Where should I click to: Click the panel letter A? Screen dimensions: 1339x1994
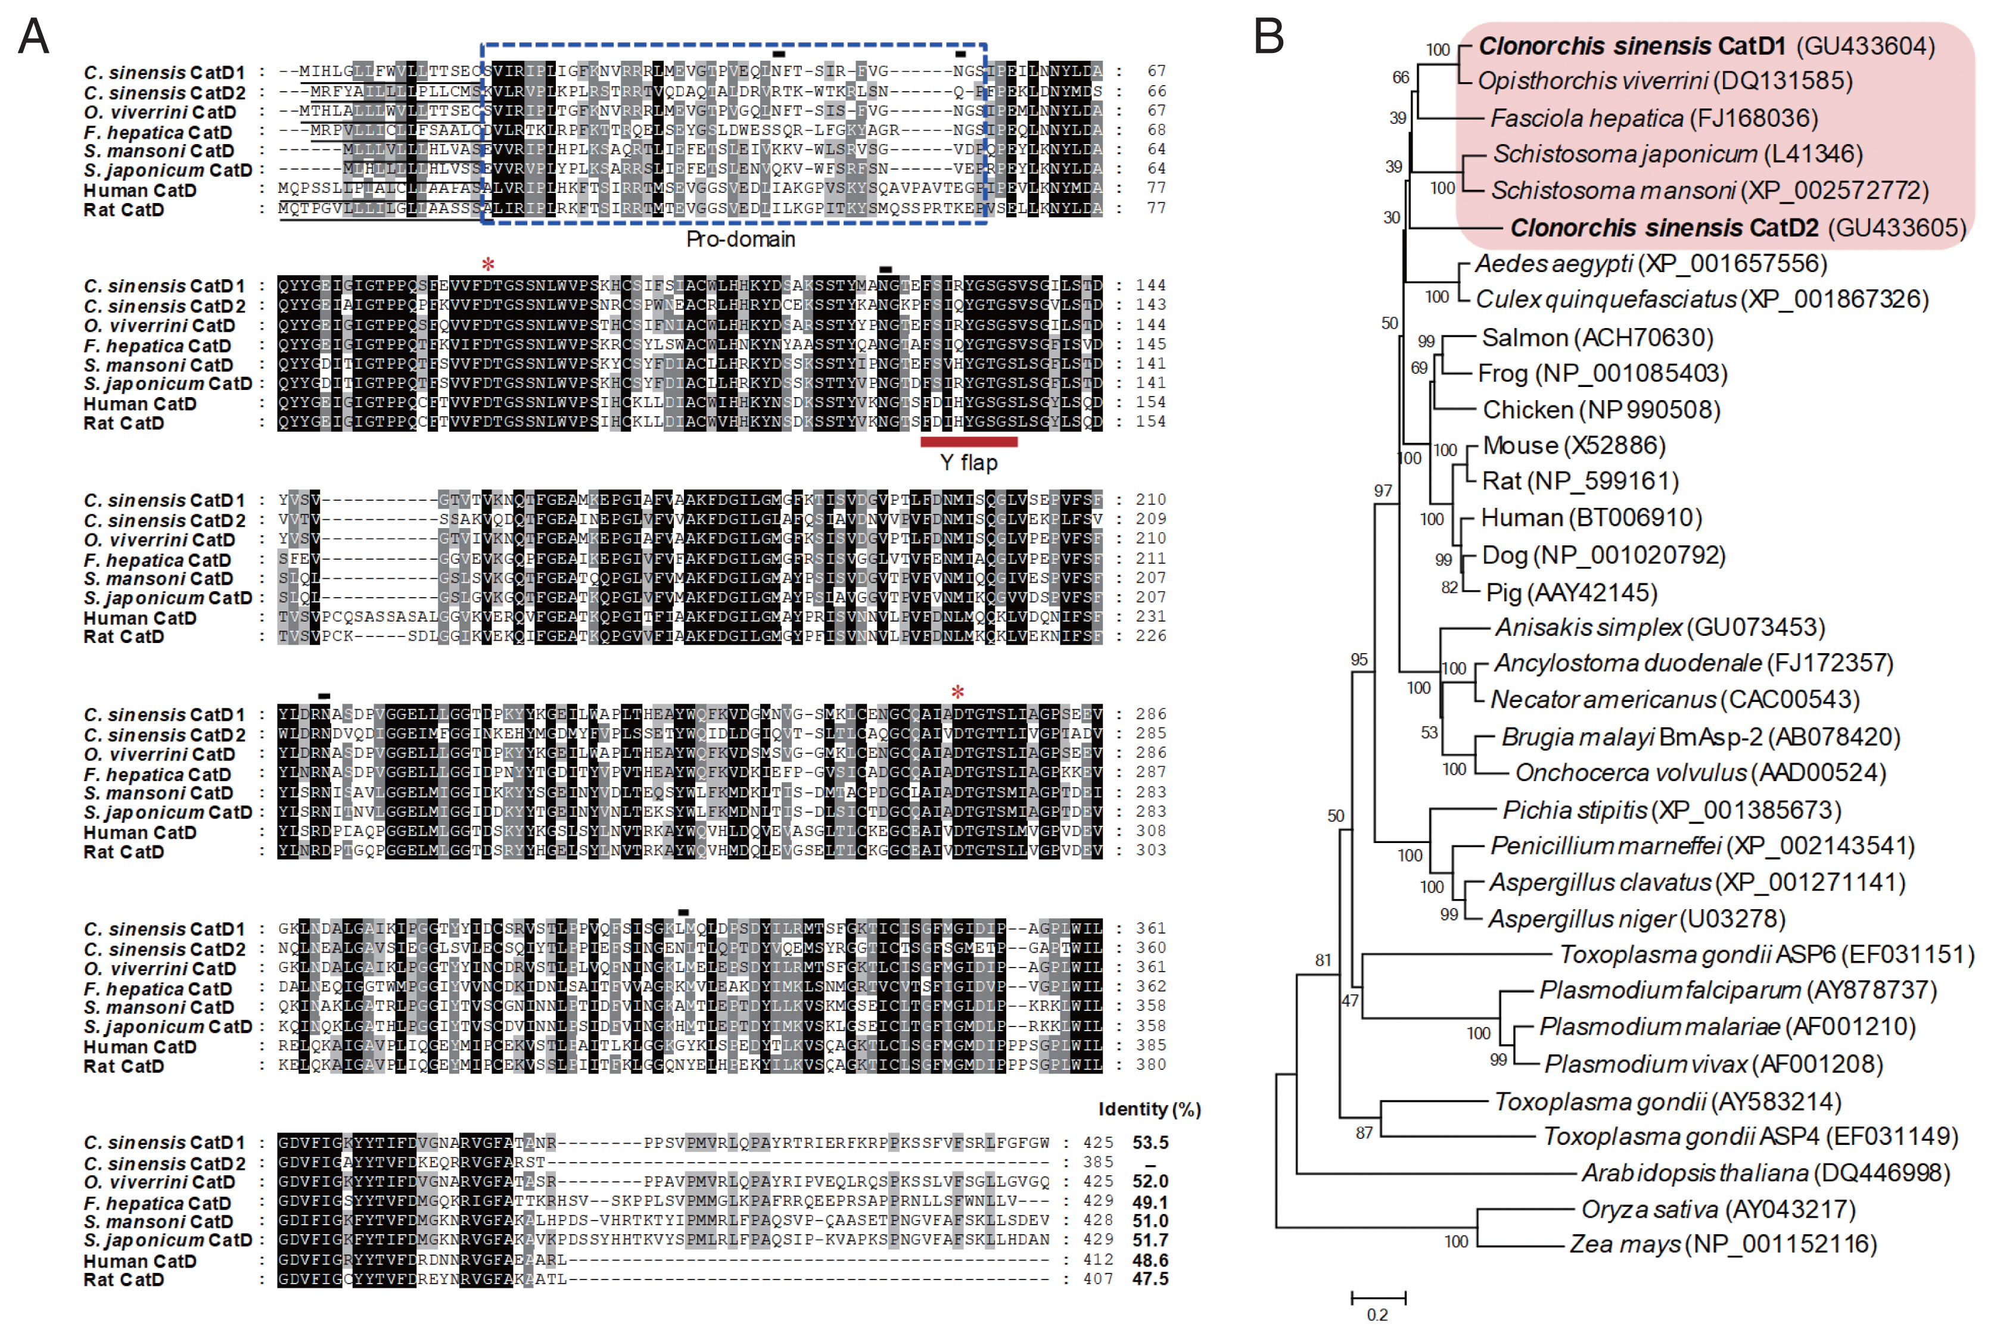coord(34,37)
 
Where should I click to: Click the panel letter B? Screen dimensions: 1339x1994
coord(1269,37)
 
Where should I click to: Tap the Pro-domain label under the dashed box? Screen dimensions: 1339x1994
coord(740,240)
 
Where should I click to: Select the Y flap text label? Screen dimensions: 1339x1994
coord(968,463)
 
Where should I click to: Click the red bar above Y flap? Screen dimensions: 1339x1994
coord(968,442)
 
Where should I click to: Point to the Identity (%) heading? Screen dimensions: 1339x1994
coord(1149,1109)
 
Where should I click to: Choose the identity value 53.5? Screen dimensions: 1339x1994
coord(1150,1143)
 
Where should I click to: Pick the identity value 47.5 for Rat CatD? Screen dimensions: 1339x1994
coord(1150,1279)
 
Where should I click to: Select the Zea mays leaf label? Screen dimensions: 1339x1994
coord(1722,1244)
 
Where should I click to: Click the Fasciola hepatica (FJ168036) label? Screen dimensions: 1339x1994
coord(1654,118)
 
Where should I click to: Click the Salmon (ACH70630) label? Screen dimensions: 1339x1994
coord(1597,338)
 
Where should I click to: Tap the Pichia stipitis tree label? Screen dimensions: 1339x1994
coord(1671,810)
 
